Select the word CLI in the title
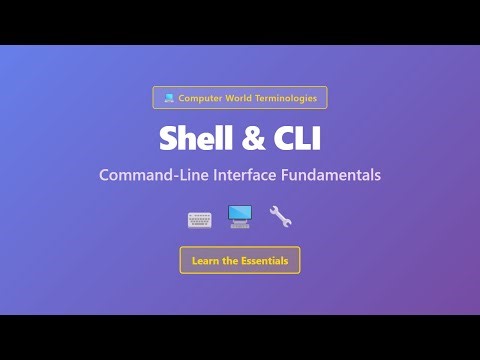click(x=292, y=137)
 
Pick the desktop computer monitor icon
click(x=240, y=216)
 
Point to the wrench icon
click(x=280, y=216)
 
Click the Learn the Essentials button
click(x=240, y=261)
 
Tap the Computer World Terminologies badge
click(x=240, y=98)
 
